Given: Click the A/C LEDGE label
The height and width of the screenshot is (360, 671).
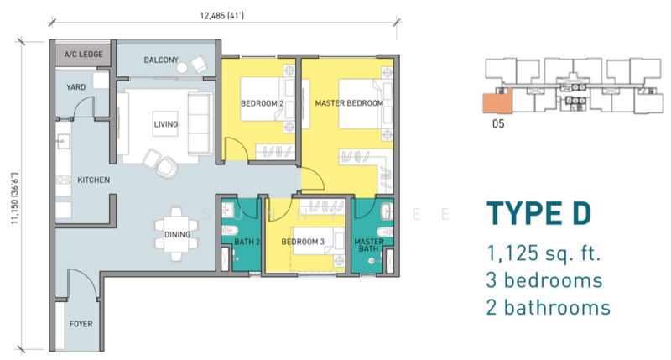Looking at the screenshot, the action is coord(83,55).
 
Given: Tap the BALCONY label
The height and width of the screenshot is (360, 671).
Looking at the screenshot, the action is coord(161,60).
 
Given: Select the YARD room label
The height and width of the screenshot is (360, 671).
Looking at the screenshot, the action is coord(75,87).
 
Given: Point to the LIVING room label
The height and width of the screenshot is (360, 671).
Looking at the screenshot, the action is coord(165,124).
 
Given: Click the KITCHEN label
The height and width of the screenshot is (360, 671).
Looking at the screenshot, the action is coord(93,180).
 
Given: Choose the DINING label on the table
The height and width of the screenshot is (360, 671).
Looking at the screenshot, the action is coord(177,235).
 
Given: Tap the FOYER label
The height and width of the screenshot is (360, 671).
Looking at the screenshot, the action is coord(81,324).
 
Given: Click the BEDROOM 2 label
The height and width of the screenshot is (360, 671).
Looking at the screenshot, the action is coord(262,103).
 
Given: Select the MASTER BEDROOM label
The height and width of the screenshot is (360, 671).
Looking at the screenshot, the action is coord(349,103).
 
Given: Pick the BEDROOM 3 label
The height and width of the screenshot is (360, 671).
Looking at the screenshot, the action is coord(303,242).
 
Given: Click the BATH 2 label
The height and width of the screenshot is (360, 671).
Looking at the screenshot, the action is coord(247,242).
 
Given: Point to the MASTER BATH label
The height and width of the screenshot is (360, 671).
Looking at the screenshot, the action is coord(369,245).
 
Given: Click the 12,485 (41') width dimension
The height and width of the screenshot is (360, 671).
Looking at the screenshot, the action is coord(221,16).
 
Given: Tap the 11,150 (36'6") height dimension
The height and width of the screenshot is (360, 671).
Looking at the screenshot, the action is coord(15,198).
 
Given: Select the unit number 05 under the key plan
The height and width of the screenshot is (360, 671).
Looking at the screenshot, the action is coord(498,123).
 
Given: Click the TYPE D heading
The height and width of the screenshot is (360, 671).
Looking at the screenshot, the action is coord(538,214).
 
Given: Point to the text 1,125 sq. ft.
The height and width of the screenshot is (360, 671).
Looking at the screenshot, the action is coord(544,253).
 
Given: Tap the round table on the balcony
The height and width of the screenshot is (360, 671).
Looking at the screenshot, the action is coord(182,68).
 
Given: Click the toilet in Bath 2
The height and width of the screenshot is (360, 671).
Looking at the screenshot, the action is coord(228,230).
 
